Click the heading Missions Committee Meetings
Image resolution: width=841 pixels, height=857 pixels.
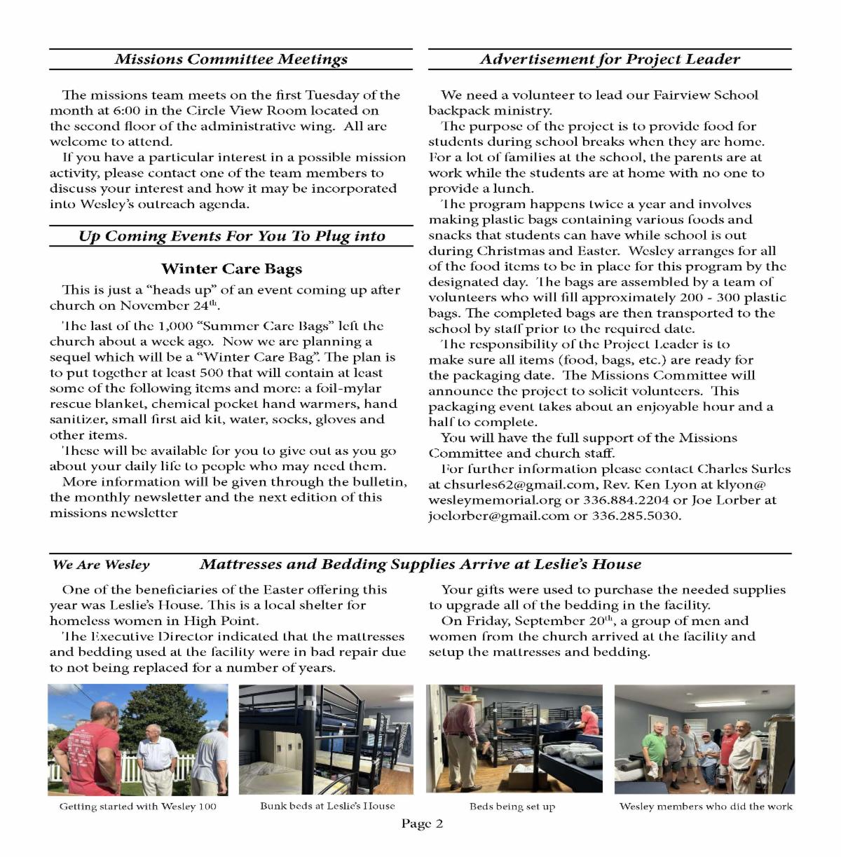231,59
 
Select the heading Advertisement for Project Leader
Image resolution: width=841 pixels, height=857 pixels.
609,59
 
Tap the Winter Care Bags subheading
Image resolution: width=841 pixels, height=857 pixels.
231,269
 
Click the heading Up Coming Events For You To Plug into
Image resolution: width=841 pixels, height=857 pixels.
231,236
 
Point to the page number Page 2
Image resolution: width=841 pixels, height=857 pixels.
422,823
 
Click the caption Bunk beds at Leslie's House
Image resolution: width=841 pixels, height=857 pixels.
327,806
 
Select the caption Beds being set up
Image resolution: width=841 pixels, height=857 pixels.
512,807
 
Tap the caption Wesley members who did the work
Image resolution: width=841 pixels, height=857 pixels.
705,807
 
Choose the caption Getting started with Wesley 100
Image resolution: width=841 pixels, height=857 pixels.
137,807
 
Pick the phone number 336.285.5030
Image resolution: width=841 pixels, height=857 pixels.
636,516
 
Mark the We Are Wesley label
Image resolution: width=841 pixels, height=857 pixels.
101,565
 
